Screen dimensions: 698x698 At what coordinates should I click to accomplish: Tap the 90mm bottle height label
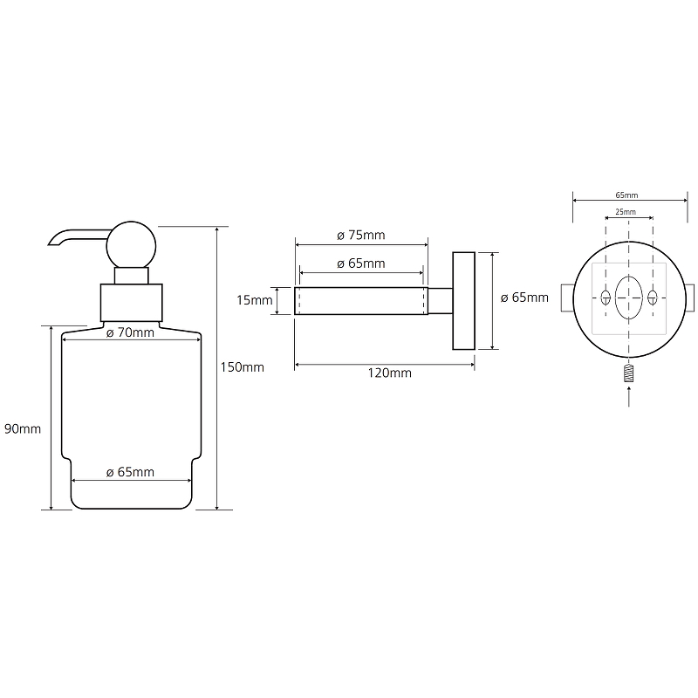click(x=22, y=428)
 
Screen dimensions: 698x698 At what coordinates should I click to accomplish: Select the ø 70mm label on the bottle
click(x=130, y=332)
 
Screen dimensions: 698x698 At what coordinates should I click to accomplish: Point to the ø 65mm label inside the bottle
click(x=130, y=472)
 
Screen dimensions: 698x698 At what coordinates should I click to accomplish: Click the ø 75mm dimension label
click(x=360, y=236)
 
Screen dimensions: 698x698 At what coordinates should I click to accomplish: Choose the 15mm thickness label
click(x=255, y=301)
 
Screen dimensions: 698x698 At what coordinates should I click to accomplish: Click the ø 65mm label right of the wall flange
click(x=525, y=298)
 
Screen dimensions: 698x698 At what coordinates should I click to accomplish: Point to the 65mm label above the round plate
click(x=627, y=195)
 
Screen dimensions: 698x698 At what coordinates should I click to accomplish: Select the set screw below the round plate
click(x=628, y=374)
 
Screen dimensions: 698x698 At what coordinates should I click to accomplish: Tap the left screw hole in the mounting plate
click(x=605, y=298)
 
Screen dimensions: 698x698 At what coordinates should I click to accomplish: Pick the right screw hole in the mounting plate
click(x=652, y=298)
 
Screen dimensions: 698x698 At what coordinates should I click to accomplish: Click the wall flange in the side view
click(x=462, y=301)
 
